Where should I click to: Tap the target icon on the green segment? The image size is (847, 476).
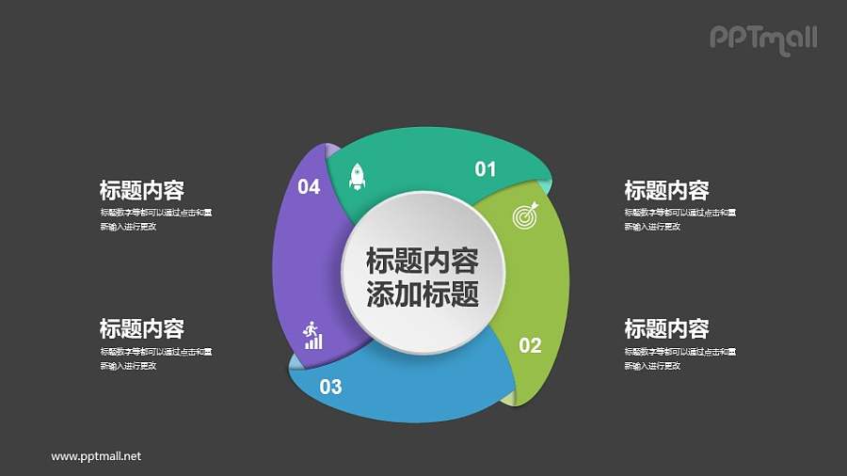(526, 215)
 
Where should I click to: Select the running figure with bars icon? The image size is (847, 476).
(312, 335)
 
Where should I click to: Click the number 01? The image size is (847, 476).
(485, 169)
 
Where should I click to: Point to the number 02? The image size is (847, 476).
(530, 345)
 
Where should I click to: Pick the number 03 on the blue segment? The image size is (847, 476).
(330, 386)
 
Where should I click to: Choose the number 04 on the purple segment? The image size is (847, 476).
(309, 187)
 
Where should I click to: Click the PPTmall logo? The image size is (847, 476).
(762, 38)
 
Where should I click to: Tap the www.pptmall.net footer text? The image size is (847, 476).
(96, 456)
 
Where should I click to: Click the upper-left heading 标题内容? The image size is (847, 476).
(141, 191)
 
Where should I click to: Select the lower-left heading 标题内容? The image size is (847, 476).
(141, 329)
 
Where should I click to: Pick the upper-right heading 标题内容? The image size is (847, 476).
(666, 191)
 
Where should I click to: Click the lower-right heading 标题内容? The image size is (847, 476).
(666, 329)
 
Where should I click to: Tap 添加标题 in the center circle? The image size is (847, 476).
(422, 294)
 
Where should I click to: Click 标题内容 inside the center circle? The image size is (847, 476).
(422, 261)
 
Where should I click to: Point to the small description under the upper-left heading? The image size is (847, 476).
(155, 219)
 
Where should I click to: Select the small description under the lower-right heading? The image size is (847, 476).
(679, 358)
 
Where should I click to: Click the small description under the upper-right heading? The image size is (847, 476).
(679, 219)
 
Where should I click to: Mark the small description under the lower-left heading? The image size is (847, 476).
(155, 358)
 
